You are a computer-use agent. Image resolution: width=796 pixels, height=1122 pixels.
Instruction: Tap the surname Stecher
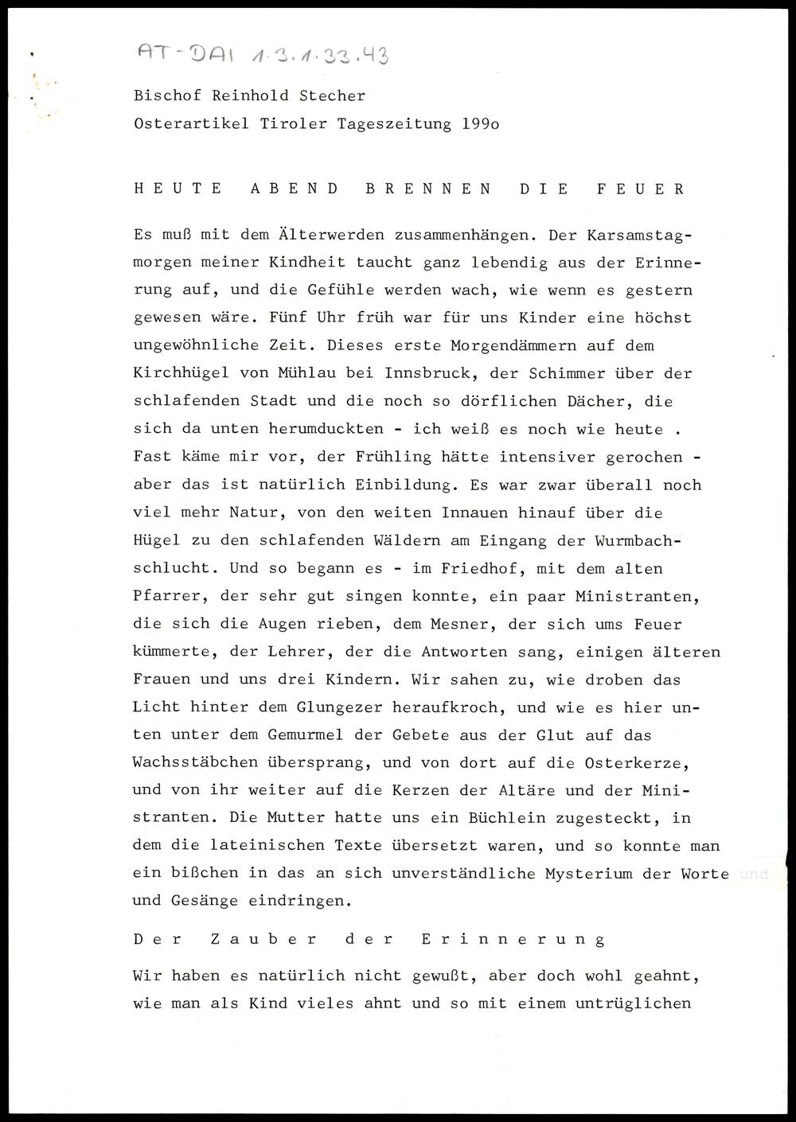point(333,96)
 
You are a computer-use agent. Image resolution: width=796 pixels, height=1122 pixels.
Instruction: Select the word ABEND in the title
point(295,189)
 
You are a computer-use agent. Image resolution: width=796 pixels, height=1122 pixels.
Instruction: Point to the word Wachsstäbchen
point(196,762)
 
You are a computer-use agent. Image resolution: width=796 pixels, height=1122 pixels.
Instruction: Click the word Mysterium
point(589,874)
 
